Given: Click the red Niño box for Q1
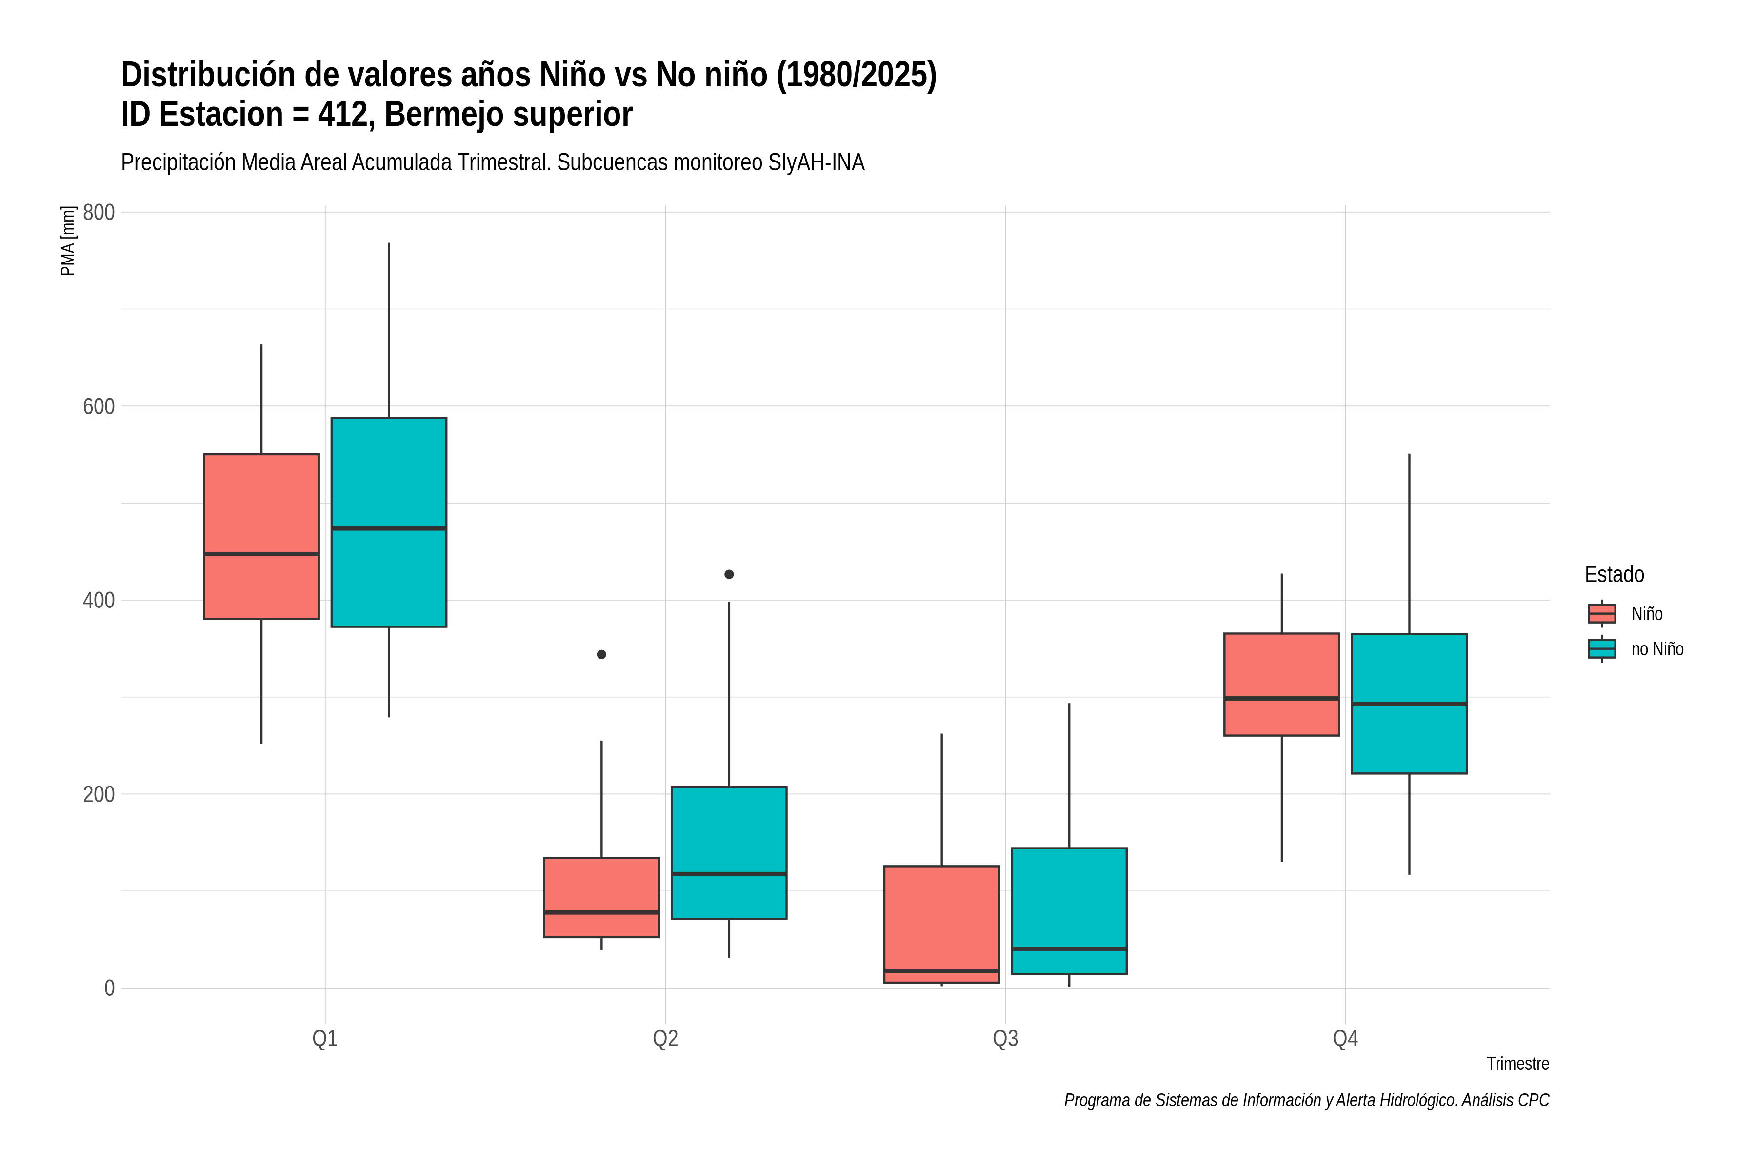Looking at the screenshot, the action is (261, 536).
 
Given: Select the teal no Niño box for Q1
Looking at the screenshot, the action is (389, 522).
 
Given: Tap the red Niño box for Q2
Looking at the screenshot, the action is (602, 897).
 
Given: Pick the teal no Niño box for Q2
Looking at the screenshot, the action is (729, 853).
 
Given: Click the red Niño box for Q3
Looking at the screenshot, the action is (941, 924).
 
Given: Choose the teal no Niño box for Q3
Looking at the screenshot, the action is (1069, 911).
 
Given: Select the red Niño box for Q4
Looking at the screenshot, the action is (1282, 684).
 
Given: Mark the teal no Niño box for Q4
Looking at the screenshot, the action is (1410, 704).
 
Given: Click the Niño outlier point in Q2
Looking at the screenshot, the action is (602, 654).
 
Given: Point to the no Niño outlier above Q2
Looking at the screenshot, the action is (729, 574).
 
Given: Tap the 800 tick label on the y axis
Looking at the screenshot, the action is (99, 212).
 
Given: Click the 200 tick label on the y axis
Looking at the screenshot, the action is (99, 794).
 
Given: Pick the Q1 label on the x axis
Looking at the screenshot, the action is (325, 1039).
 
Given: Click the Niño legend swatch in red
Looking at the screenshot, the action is (1602, 614).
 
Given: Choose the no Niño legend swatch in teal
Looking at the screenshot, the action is (1602, 649).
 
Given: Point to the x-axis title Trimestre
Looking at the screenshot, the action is (1518, 1064).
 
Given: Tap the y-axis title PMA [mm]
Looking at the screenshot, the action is (68, 241).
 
